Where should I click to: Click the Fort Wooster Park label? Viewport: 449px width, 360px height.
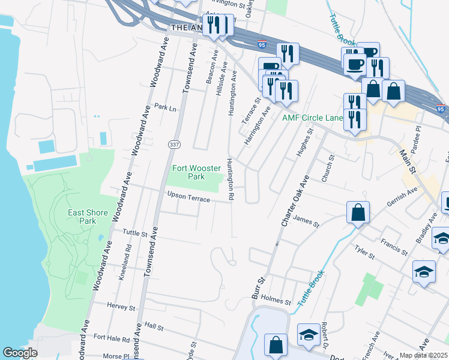(x=188, y=172)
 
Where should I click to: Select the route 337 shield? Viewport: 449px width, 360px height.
(x=174, y=145)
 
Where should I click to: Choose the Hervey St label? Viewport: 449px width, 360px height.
(x=121, y=307)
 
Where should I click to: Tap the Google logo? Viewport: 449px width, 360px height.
(x=20, y=353)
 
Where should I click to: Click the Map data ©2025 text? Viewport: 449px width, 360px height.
(x=423, y=355)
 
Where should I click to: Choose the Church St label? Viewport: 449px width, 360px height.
(x=327, y=170)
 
